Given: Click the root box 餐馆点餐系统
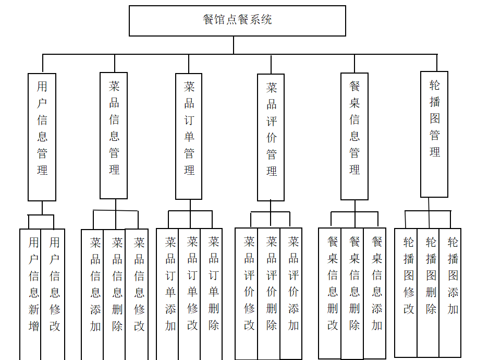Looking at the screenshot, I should (237, 21).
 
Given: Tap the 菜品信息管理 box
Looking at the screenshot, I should (114, 136).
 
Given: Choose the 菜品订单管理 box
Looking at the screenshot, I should (189, 136).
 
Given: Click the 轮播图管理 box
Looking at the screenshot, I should (434, 134).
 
